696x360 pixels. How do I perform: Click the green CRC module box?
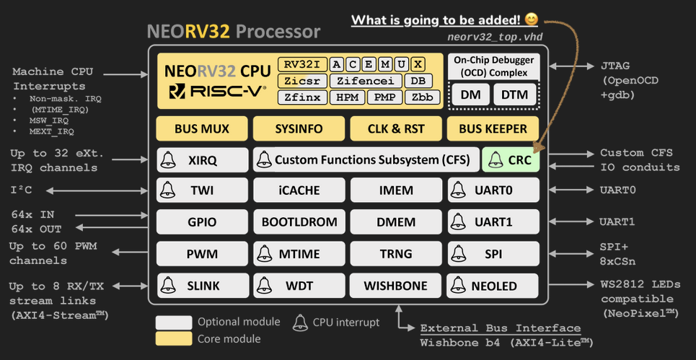tap(511, 160)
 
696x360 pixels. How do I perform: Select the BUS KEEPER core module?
tap(493, 129)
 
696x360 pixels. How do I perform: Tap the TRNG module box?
tap(395, 253)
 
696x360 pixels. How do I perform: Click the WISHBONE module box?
tap(395, 286)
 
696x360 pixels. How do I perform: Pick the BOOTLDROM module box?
tap(299, 222)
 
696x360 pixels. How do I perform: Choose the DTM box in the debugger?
tap(515, 95)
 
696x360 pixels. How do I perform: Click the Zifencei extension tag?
tap(365, 81)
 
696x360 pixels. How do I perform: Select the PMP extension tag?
tap(386, 97)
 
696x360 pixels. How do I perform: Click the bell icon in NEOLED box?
tap(459, 285)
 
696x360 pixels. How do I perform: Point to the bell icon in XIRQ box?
tap(167, 159)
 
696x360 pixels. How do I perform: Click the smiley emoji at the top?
tap(531, 19)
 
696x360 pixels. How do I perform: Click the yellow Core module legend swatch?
tap(174, 338)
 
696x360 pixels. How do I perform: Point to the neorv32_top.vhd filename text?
tap(495, 36)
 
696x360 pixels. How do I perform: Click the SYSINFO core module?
tap(299, 129)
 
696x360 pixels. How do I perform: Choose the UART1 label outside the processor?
tap(617, 222)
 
